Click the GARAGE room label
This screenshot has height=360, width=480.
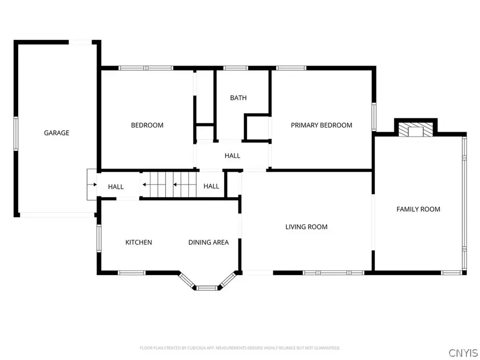point(57,133)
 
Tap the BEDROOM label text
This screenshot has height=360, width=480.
point(147,125)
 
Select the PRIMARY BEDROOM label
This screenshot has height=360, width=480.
point(321,125)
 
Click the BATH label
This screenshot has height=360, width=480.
point(238,98)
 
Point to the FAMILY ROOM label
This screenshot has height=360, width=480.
point(418,209)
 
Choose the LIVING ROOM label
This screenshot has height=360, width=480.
point(306,227)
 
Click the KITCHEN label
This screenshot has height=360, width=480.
point(139,242)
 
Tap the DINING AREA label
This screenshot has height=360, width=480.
point(209,242)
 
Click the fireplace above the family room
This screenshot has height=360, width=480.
point(415,130)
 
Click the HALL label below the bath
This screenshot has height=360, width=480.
point(233,156)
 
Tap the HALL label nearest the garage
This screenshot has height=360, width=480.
point(116,187)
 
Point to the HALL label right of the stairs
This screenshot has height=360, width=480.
point(211,186)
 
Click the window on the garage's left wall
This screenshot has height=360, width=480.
point(16,133)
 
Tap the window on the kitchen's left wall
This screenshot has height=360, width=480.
point(99,238)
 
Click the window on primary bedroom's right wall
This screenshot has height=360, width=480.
point(374,115)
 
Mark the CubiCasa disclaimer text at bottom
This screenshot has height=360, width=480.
point(239,348)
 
